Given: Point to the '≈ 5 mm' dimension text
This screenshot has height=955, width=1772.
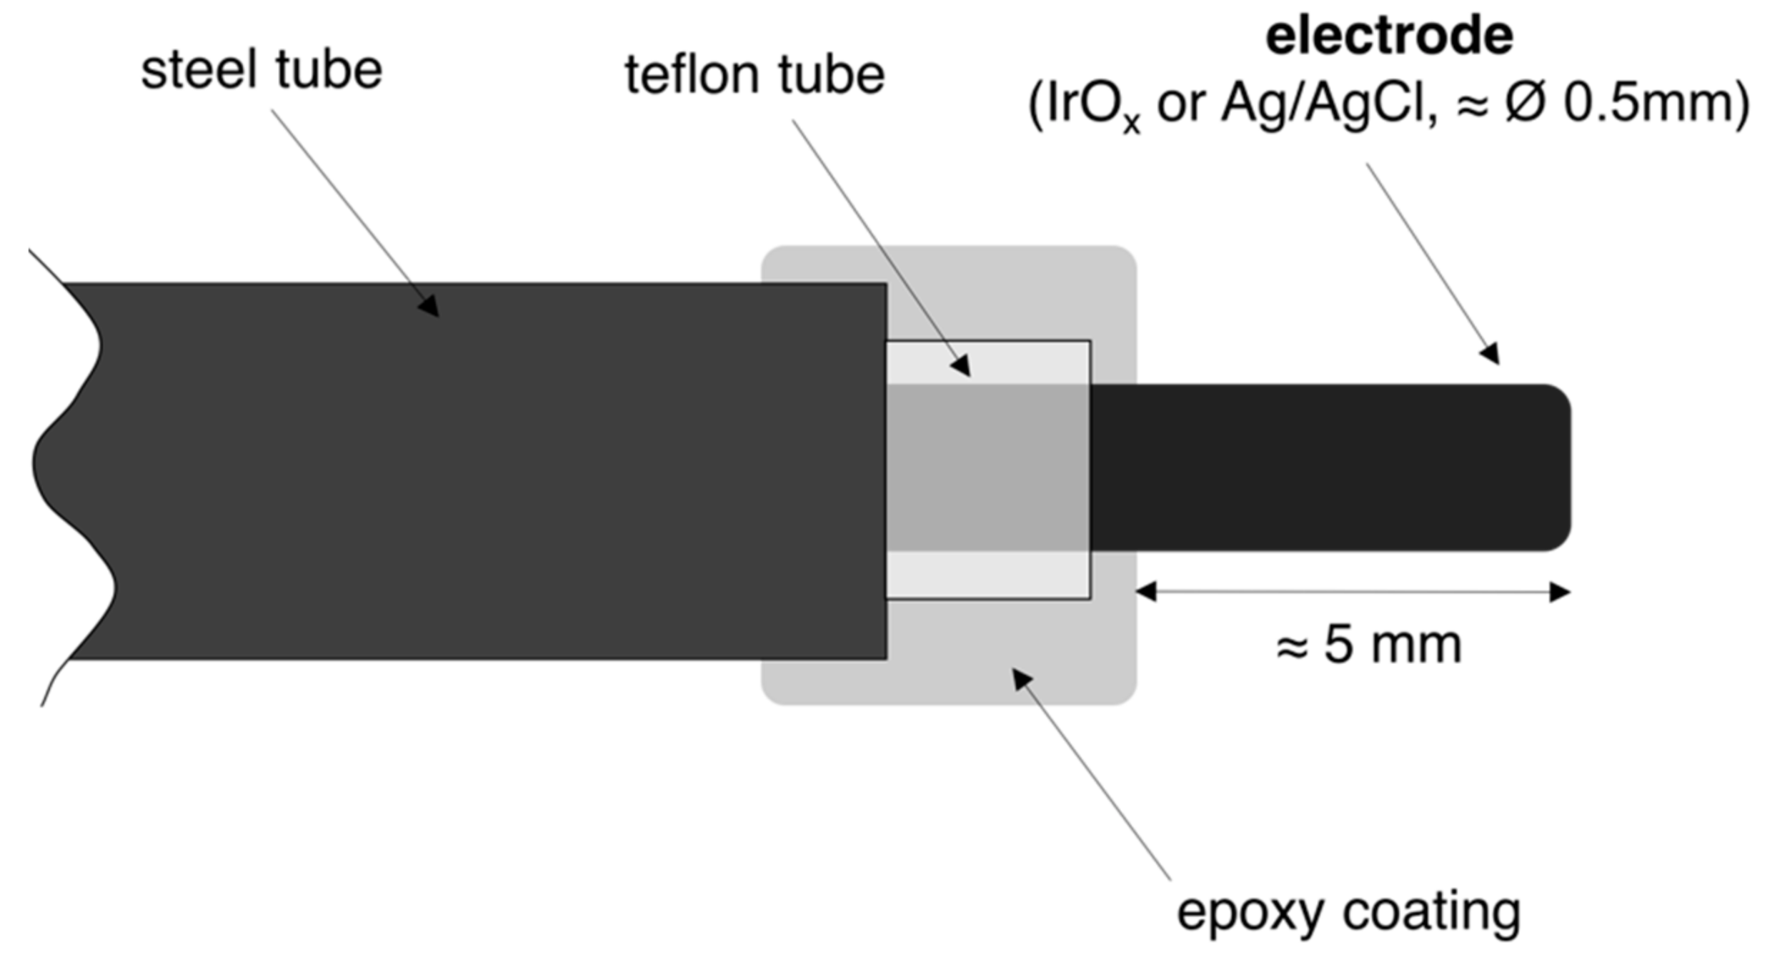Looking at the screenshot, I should coord(1368,645).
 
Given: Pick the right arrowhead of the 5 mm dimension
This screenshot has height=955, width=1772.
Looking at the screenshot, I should coord(1559,592).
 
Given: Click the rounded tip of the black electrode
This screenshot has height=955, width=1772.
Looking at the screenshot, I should coord(1558,467).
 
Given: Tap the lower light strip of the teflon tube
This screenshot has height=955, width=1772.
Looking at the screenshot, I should coord(988,575).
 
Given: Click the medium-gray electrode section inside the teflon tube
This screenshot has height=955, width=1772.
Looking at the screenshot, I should coord(988,467).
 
